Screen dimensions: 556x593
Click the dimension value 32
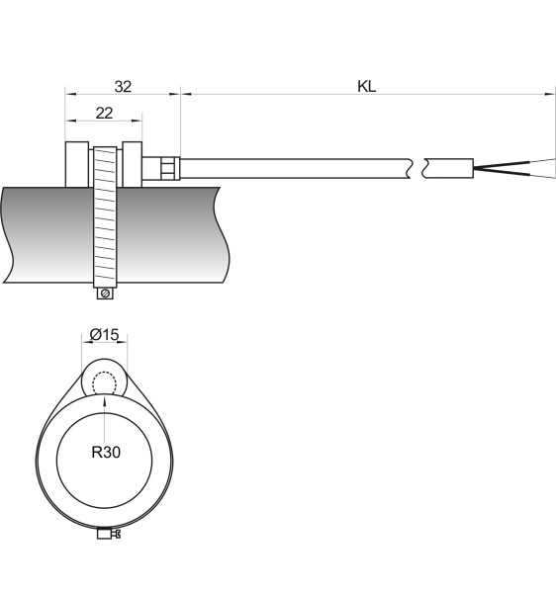coord(123,87)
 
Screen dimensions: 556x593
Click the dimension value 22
coord(104,113)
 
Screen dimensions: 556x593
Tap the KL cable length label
coord(367,87)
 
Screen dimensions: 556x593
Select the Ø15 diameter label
coord(105,334)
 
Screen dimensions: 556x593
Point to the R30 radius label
coord(106,452)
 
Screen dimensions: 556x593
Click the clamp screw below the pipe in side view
coord(105,294)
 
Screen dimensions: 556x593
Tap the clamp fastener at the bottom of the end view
coord(109,534)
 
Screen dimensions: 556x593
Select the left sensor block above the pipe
coord(77,164)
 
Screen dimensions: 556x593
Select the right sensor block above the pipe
coord(133,164)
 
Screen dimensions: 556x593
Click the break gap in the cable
coord(417,168)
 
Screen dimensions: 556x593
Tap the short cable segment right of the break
coord(448,168)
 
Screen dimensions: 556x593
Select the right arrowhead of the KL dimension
coord(550,94)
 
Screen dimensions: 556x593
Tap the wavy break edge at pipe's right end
coord(222,234)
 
